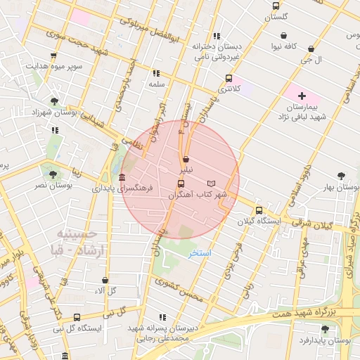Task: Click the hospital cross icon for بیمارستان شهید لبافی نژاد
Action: [302, 95]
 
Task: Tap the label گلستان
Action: [276, 17]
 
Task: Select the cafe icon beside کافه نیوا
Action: [283, 35]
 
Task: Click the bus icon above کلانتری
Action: [229, 78]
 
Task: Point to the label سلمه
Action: [156, 84]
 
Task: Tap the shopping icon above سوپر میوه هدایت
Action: [53, 55]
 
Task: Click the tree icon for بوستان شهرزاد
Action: [55, 101]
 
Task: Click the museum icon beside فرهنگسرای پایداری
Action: [123, 177]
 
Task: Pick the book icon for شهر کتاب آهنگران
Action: [212, 183]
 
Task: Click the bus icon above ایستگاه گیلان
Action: [259, 210]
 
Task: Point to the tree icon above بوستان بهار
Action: [341, 176]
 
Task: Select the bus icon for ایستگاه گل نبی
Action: [77, 316]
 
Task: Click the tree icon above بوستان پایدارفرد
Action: [324, 328]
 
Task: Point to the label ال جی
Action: [330, 60]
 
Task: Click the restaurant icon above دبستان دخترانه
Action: [217, 35]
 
